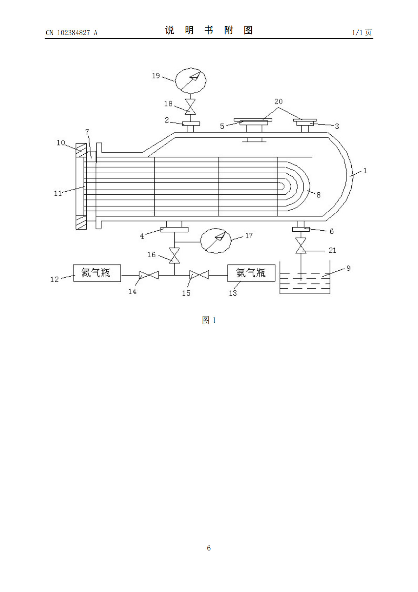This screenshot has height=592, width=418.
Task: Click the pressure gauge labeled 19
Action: coord(191,81)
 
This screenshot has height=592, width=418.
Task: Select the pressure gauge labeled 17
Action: coord(215,241)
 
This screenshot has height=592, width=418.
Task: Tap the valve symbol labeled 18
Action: coord(190,107)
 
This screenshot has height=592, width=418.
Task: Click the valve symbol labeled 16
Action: coord(174,256)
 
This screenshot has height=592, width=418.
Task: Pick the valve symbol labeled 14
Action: coord(149,275)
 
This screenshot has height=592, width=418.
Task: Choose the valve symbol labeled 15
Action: coord(199,275)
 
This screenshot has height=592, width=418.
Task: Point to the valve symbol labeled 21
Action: coord(301,245)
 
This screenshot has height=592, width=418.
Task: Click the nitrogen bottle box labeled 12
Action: coord(97,273)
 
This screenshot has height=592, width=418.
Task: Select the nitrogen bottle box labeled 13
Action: coord(251,273)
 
